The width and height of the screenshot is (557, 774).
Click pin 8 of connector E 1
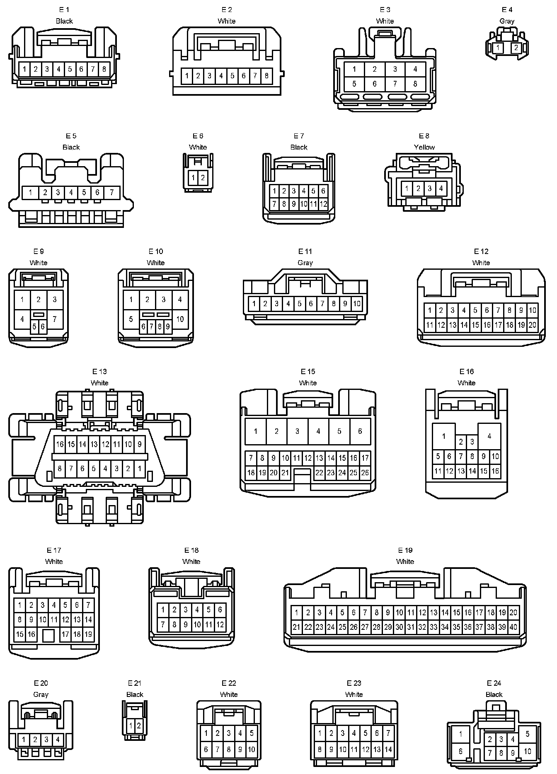coord(104,69)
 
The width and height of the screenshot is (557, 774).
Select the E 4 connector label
coord(506,10)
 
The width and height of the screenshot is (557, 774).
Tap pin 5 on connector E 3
coord(354,84)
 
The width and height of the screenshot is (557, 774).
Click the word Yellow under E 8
coord(424,147)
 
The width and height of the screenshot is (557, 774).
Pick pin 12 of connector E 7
coord(323,204)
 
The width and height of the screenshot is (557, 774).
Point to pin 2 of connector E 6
coord(203,178)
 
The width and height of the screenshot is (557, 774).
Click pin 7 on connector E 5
coord(111,192)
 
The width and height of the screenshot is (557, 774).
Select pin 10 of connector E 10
coord(180,319)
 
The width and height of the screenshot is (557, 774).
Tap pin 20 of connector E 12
coord(533,325)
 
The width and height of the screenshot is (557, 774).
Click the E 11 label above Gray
coord(305,252)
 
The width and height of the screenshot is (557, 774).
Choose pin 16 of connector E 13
coord(60,444)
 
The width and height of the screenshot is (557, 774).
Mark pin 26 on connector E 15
coord(365,472)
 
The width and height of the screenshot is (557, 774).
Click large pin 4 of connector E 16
coord(489,436)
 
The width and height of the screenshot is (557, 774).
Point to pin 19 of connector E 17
coord(88,634)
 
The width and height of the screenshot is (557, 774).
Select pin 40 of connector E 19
coord(513,627)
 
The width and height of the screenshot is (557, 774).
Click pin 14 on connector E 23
coord(388,749)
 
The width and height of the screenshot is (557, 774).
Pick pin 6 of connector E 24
coord(460,751)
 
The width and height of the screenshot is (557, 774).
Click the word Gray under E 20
coord(41,694)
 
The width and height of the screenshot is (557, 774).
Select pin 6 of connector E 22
coord(206,749)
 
